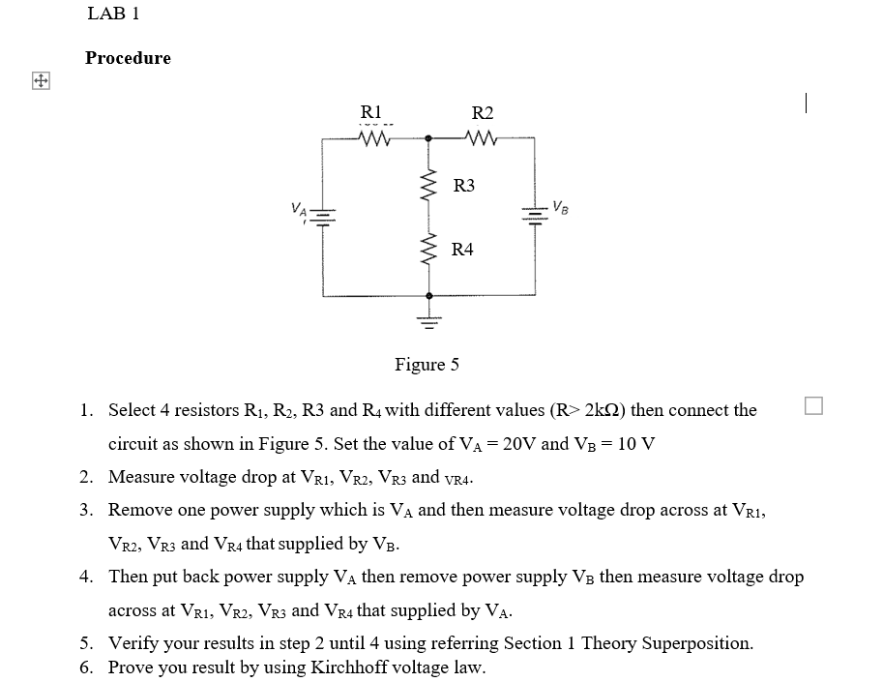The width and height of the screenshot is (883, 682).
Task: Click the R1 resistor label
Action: point(371,111)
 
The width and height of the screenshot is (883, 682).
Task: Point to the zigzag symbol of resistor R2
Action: point(481,139)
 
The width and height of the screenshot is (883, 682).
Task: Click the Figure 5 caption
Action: point(427,365)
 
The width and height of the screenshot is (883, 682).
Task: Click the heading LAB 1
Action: point(113,14)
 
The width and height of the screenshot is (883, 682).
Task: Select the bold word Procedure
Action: point(128,58)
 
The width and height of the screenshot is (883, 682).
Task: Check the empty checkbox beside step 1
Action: point(812,406)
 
